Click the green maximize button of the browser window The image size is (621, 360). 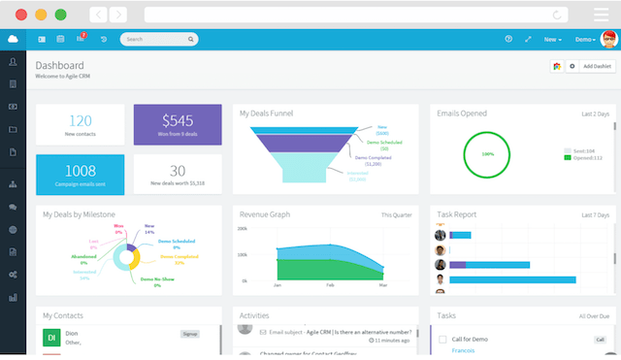click(61, 15)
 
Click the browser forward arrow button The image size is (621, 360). click(117, 15)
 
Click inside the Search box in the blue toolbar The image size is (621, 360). click(155, 40)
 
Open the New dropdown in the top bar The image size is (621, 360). click(552, 40)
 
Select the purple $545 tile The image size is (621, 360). click(178, 125)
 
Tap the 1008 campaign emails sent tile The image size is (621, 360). click(80, 175)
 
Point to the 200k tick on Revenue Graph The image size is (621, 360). click(243, 230)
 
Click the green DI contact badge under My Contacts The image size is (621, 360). click(51, 337)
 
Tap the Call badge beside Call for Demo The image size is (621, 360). click(599, 340)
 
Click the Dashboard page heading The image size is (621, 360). click(59, 65)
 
